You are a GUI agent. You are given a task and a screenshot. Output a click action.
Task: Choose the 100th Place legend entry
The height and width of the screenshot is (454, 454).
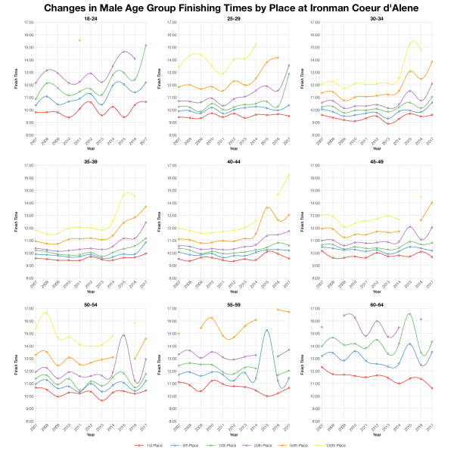point(331,446)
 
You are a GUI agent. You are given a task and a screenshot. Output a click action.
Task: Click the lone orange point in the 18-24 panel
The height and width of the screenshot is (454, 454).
point(80,40)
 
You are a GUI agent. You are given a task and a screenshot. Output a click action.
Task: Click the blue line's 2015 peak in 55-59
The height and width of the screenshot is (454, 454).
point(267,330)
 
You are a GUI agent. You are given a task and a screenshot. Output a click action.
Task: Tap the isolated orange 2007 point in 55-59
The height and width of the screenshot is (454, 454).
point(179,334)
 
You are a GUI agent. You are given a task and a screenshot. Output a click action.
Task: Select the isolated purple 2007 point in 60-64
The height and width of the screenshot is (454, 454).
point(322,327)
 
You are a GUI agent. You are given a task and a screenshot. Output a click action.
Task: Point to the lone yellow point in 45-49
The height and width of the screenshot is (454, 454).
point(421,197)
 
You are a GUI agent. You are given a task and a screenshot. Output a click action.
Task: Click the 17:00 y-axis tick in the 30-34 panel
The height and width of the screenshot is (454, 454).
point(315,23)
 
